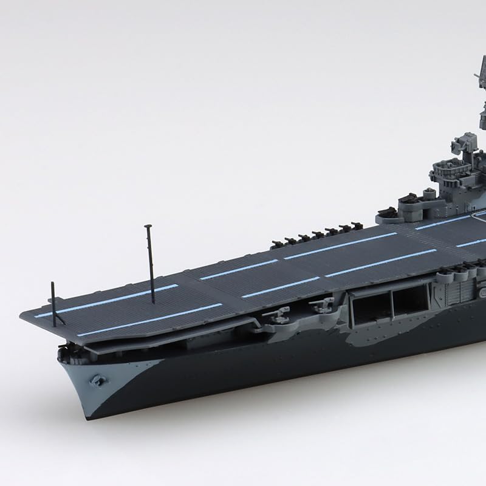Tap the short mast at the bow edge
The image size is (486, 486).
(54, 304)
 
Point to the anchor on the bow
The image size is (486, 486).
(96, 379)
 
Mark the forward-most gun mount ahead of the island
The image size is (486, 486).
(387, 213)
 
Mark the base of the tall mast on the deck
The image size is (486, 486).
(152, 301)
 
